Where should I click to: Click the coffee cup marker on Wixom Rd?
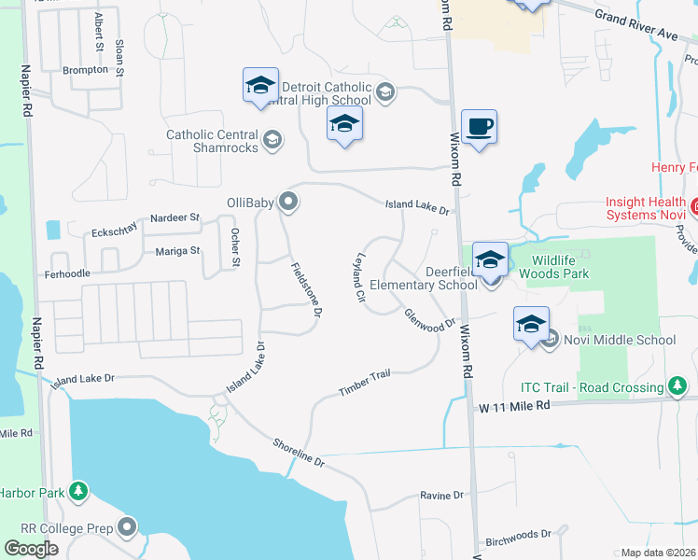click(x=479, y=126)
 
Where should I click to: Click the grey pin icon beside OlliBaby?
click(x=288, y=201)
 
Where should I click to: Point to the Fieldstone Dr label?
click(x=305, y=290)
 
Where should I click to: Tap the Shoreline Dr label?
click(x=299, y=454)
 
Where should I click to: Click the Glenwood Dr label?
click(x=429, y=318)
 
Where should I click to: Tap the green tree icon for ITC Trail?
click(x=678, y=385)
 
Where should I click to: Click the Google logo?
click(x=31, y=549)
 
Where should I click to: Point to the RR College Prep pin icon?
click(x=128, y=527)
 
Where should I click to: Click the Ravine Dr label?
click(x=441, y=496)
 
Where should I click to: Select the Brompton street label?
click(x=85, y=70)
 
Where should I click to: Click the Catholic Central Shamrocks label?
click(x=212, y=141)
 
